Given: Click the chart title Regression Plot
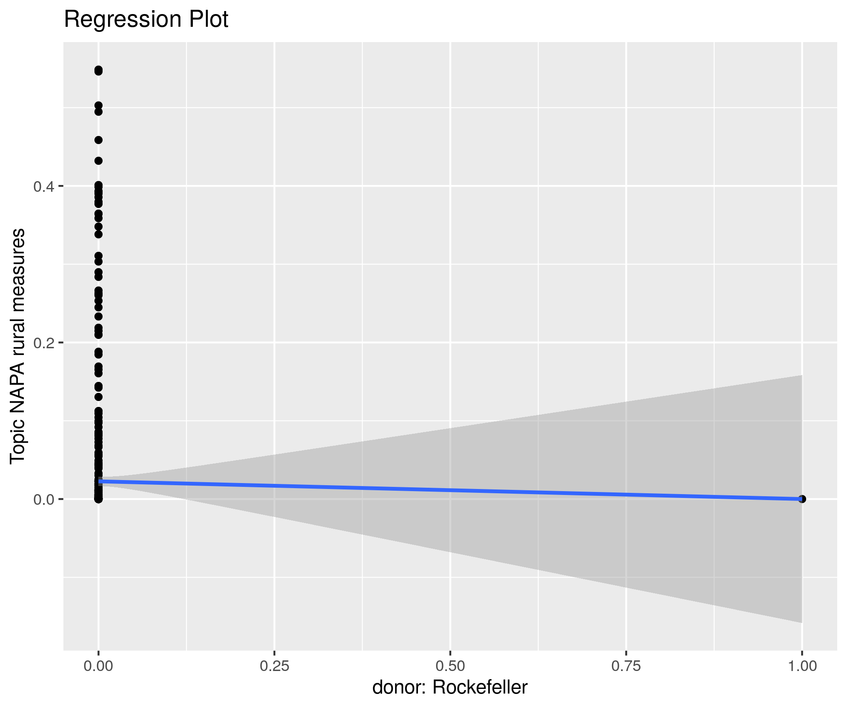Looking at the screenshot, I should [x=146, y=20].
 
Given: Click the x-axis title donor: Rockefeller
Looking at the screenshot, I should [x=450, y=687].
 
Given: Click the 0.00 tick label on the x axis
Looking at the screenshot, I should [x=98, y=666].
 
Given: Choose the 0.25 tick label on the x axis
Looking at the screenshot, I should [x=275, y=666].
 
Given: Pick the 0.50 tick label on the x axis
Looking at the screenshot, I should [x=450, y=666].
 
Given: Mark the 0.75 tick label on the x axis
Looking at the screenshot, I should [x=626, y=666].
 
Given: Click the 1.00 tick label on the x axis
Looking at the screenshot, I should [x=802, y=666].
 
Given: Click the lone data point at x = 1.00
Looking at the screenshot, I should [x=802, y=499].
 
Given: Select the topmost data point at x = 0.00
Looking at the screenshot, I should [x=98, y=70].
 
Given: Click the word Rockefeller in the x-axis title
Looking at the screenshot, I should [x=480, y=687].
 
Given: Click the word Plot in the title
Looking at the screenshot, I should [x=208, y=20].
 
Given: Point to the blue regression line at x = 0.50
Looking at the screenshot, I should [x=450, y=490].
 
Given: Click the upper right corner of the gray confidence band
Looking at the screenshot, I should [x=801, y=376].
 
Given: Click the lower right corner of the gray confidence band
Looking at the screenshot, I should [x=801, y=622].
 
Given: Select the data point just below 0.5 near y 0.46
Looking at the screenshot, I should [x=98, y=140].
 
